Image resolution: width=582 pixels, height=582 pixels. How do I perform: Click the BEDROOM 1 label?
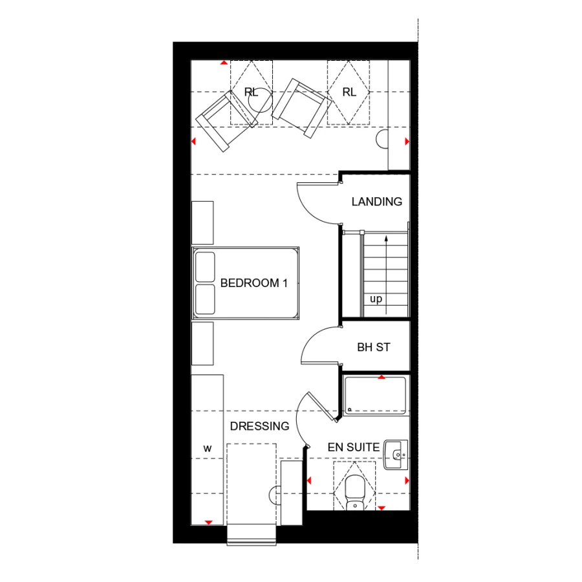(x=253, y=283)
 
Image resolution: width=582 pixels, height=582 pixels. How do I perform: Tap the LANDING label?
(x=376, y=202)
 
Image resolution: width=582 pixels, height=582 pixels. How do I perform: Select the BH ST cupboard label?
(x=374, y=347)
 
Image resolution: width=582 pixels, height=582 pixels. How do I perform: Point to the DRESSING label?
(x=259, y=426)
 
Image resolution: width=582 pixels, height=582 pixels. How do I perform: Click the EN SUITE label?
(x=353, y=447)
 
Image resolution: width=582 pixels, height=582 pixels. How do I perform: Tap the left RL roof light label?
(x=251, y=92)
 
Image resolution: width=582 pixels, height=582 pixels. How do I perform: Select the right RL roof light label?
(x=349, y=92)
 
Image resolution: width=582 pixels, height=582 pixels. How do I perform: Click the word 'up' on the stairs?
(x=376, y=299)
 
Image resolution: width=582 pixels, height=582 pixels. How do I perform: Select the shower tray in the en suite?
(x=375, y=394)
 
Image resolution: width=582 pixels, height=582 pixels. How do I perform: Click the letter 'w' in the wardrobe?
(x=208, y=447)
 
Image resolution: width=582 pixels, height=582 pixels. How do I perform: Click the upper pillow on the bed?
(x=205, y=266)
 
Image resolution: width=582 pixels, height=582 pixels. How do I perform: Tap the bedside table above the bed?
(x=202, y=222)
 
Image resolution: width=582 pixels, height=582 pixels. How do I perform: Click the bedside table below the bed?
(x=202, y=343)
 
